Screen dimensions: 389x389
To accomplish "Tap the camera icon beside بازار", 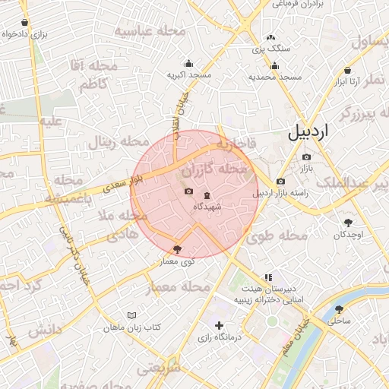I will (306, 157).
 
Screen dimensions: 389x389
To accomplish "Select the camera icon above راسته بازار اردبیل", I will (280, 181).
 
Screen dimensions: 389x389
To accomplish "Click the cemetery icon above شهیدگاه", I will (207, 195).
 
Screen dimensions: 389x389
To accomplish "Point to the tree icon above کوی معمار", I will (178, 248).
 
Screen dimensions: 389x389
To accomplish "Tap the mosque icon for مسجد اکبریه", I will (188, 64).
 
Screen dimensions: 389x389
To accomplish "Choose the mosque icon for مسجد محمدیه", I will (274, 65).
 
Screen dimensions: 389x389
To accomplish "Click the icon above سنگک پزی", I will (270, 37).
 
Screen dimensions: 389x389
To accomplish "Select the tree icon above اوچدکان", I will (348, 223).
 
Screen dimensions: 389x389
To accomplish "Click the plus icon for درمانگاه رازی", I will (219, 325).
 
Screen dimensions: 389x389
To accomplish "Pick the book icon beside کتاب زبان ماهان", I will (132, 315).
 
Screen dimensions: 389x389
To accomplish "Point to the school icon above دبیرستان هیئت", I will (267, 278).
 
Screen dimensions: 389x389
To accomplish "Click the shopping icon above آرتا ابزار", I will (353, 69).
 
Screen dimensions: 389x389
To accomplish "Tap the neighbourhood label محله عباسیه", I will (150, 30).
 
